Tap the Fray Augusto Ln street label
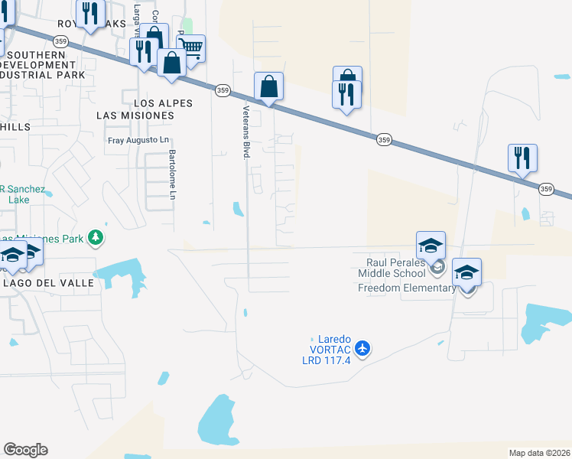pyautogui.click(x=138, y=140)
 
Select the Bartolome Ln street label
pyautogui.click(x=172, y=174)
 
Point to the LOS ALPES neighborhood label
pyautogui.click(x=163, y=103)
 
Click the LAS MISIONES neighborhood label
pyautogui.click(x=135, y=115)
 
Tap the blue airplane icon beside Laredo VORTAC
pyautogui.click(x=362, y=349)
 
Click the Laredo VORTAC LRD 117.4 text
pyautogui.click(x=327, y=349)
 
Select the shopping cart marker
pyautogui.click(x=191, y=49)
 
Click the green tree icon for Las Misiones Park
pyautogui.click(x=96, y=239)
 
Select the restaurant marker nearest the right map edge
pyautogui.click(x=523, y=158)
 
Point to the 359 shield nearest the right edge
pyautogui.click(x=546, y=189)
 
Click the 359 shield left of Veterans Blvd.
pyautogui.click(x=222, y=90)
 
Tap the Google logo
pyautogui.click(x=25, y=450)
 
